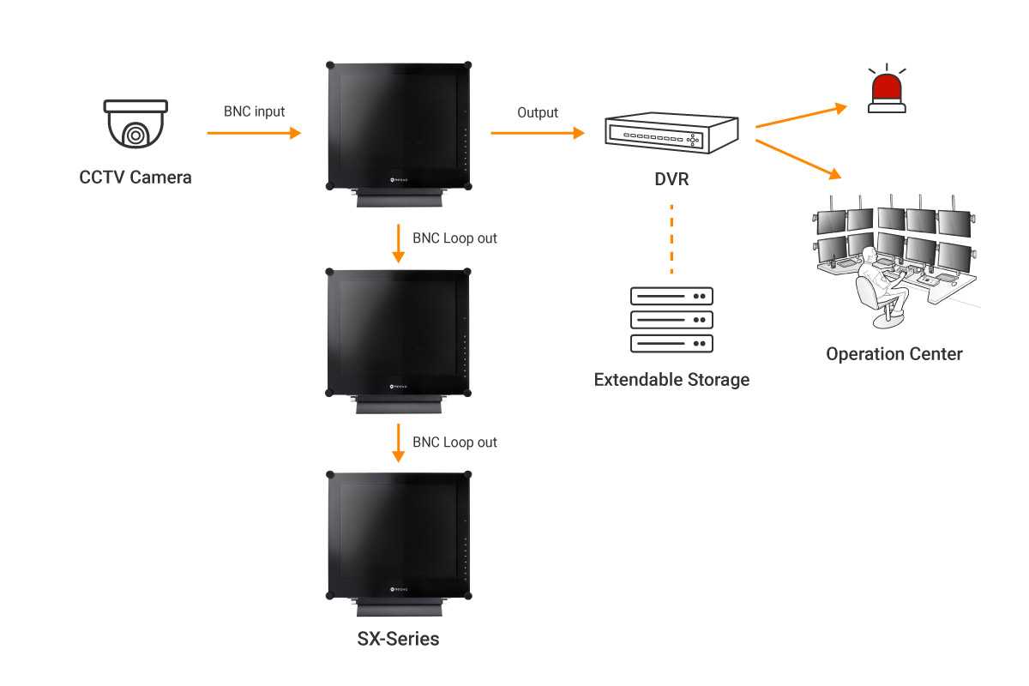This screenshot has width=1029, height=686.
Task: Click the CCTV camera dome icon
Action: click(x=135, y=127)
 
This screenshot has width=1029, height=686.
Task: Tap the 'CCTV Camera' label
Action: click(x=135, y=178)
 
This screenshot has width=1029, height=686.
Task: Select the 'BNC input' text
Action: click(x=254, y=111)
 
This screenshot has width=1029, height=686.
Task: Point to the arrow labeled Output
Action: click(x=537, y=133)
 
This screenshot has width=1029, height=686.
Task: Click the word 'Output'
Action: click(x=538, y=112)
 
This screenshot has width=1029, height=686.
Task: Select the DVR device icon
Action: click(x=671, y=133)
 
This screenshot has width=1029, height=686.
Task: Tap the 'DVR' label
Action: click(x=671, y=181)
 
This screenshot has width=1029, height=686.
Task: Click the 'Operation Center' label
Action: click(x=894, y=354)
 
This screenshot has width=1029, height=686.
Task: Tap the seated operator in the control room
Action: click(x=880, y=283)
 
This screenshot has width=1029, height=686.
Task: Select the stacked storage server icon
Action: click(x=671, y=319)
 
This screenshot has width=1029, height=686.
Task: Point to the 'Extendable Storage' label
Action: click(x=671, y=379)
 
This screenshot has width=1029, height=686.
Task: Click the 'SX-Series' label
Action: click(x=398, y=639)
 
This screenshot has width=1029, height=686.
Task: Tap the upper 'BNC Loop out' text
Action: click(x=454, y=238)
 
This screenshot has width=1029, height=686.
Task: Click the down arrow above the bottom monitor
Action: click(x=398, y=442)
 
